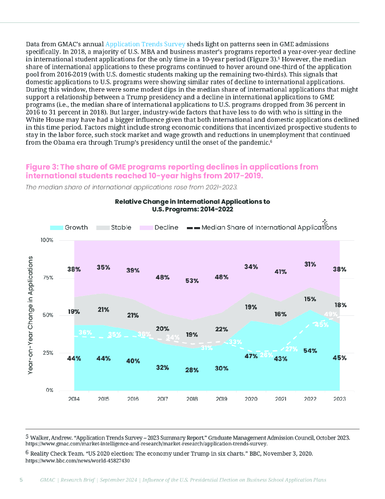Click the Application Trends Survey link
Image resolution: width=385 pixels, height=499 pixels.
(x=145, y=44)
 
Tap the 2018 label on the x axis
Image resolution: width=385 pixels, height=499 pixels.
(x=192, y=399)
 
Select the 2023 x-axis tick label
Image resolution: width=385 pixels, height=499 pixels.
(x=339, y=399)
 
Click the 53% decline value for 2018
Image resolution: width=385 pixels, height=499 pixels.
(x=192, y=281)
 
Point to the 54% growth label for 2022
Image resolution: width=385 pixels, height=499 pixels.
(x=310, y=351)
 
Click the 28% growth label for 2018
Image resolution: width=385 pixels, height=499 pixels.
(x=192, y=370)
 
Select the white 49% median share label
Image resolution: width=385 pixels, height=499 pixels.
(x=330, y=314)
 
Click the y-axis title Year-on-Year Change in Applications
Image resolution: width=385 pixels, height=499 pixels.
(x=30, y=315)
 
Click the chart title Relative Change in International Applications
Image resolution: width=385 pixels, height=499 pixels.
(x=192, y=205)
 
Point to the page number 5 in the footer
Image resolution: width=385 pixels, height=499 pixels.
(x=21, y=480)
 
